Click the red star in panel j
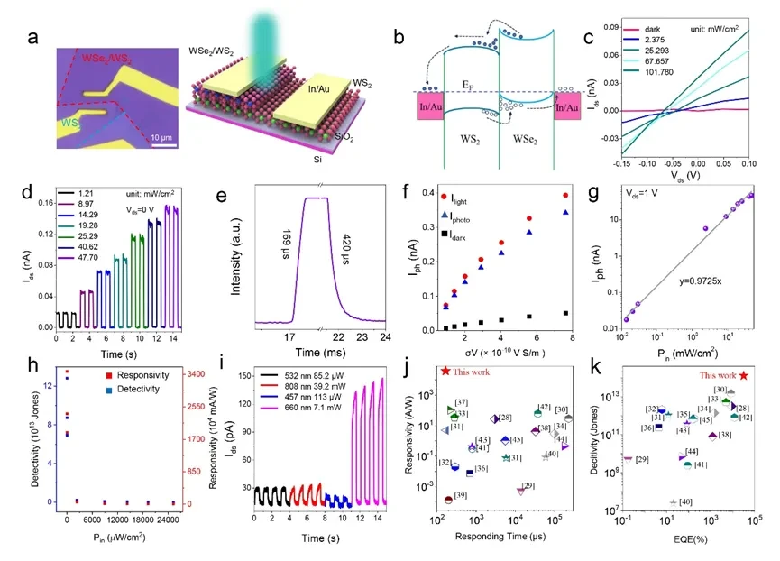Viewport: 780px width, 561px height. [445, 370]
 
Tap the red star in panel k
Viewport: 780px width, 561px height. [743, 374]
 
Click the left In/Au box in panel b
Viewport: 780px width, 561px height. [429, 108]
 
